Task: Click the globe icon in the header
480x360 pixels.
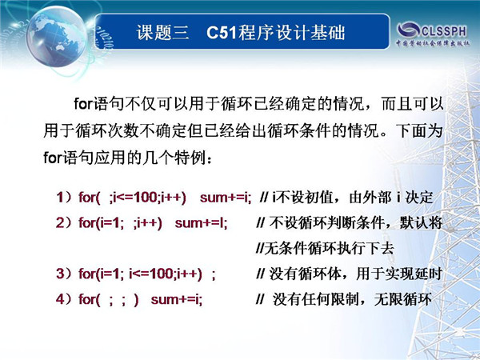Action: (56, 37)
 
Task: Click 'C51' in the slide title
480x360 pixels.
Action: (222, 33)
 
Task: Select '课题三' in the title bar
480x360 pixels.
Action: (162, 33)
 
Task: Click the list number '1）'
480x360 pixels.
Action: (64, 198)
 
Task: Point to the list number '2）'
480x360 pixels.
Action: (64, 223)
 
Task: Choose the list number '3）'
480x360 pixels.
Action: (64, 274)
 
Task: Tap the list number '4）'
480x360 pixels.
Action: (64, 299)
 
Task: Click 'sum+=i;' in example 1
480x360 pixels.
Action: (226, 198)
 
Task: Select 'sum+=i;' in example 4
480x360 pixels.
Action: (177, 299)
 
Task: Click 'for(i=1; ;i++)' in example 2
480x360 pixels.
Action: (120, 223)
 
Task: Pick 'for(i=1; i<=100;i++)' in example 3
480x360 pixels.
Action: (140, 274)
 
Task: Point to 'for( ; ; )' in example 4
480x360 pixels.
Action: (109, 299)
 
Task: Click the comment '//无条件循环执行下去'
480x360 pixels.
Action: (325, 248)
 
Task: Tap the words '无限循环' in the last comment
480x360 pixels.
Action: (403, 299)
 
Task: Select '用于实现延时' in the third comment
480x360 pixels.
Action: (399, 274)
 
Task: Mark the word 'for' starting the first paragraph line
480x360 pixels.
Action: (83, 104)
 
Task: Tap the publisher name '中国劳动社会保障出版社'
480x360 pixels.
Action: (433, 43)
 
